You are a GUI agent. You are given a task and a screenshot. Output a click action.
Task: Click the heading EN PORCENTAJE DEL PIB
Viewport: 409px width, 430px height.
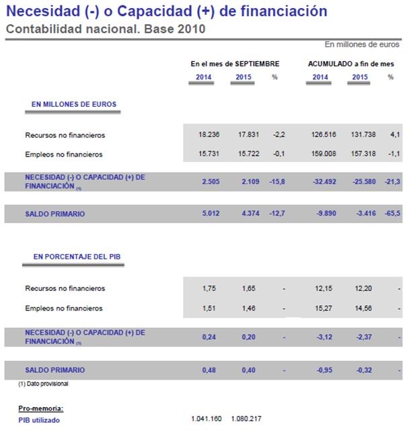tap(77, 257)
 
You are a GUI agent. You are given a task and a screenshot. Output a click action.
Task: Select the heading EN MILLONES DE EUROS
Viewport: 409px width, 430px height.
tap(74, 104)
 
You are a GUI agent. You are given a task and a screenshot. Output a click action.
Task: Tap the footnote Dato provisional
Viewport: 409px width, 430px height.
tap(46, 384)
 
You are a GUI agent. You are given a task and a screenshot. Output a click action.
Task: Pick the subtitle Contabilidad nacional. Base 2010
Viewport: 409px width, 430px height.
tap(105, 29)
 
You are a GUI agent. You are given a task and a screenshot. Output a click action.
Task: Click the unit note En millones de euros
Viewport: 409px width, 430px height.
tap(363, 44)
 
